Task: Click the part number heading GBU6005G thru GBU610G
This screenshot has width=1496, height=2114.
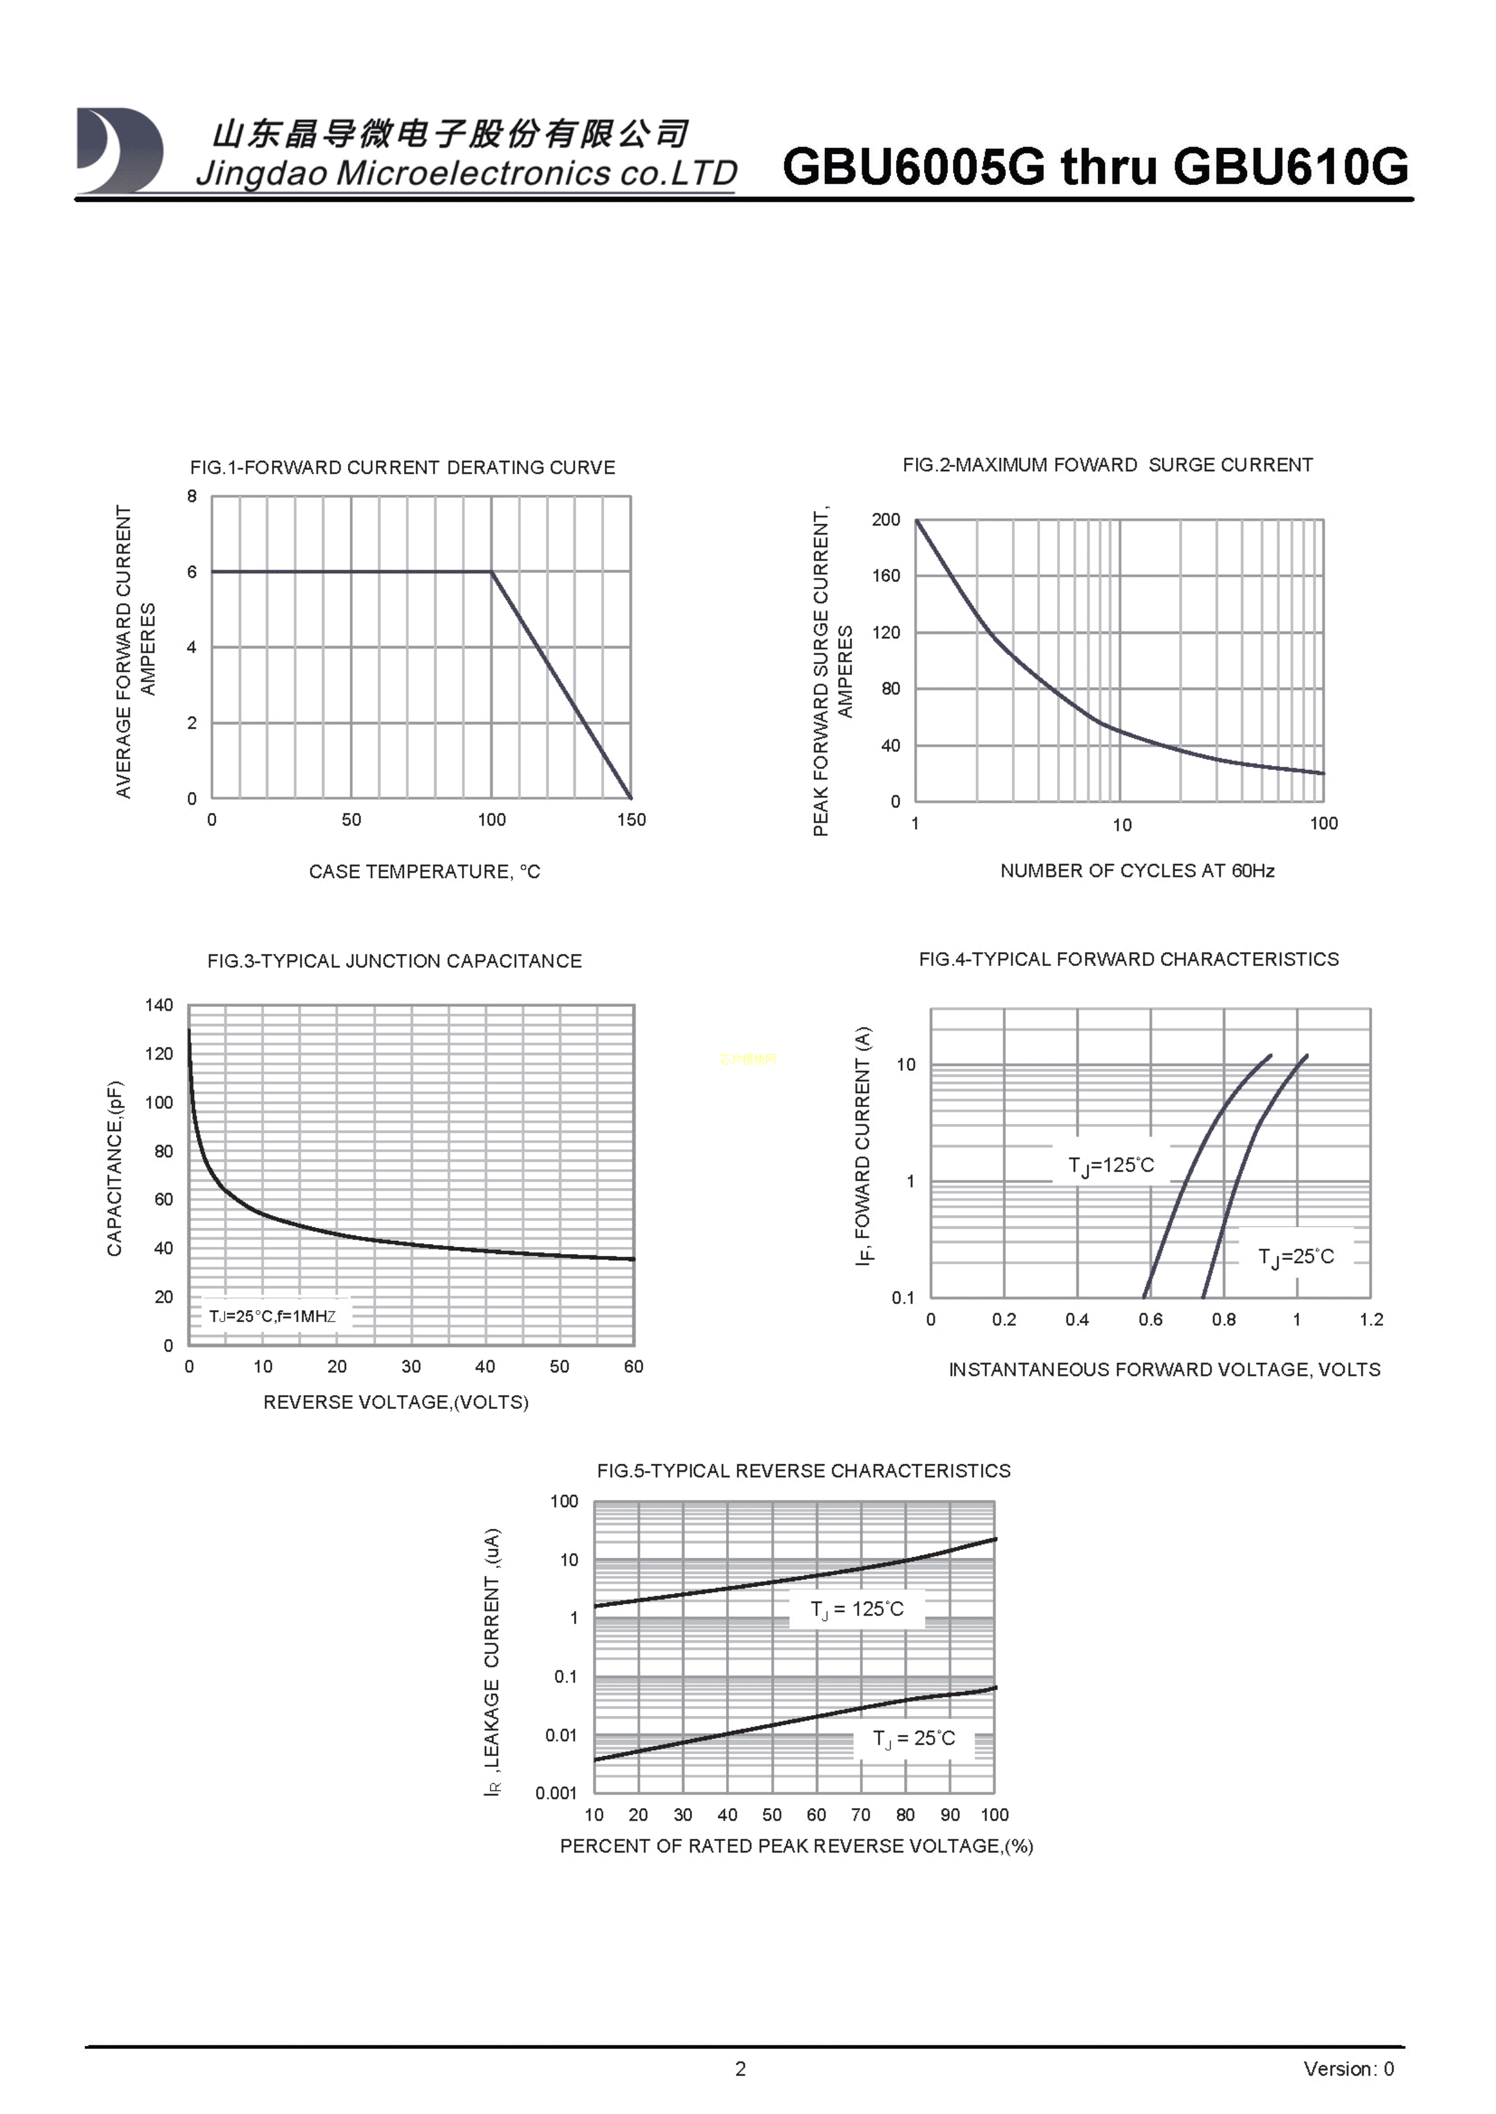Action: pos(1094,167)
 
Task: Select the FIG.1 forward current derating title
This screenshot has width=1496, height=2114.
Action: pos(403,468)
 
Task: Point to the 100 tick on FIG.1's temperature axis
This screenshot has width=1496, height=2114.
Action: pos(491,820)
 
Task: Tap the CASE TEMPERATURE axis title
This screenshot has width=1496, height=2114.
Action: pos(424,871)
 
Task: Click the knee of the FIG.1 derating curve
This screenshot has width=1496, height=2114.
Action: pos(491,572)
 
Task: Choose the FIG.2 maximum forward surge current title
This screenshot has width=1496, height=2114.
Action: pos(1107,465)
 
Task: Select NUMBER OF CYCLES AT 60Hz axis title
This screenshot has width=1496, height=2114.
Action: pos(1137,870)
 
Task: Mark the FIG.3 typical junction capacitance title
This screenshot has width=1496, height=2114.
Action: pos(394,961)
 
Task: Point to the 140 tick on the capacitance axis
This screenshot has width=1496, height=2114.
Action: pos(159,1005)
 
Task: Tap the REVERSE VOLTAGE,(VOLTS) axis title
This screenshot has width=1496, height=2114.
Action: pos(396,1401)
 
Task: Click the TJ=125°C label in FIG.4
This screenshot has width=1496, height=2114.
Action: pos(1111,1165)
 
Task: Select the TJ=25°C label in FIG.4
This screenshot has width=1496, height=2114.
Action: pos(1295,1257)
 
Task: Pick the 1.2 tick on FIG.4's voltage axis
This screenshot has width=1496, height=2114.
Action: pos(1371,1319)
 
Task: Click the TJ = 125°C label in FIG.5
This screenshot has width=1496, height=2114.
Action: pos(857,1608)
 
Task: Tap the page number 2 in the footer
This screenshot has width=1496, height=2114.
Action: pos(740,2069)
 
